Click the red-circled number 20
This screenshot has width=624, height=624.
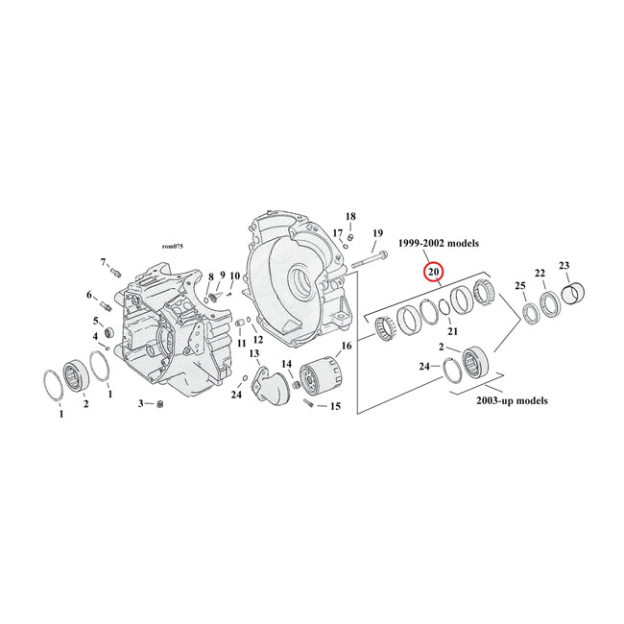point(433,273)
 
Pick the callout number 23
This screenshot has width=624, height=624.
point(564,266)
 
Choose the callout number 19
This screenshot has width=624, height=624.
point(377,233)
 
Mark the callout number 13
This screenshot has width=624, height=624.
point(254,354)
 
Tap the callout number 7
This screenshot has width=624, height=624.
point(103,262)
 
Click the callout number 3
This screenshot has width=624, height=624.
point(140,403)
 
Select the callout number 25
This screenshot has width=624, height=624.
point(519,286)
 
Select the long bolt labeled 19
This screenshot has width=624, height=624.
point(369,259)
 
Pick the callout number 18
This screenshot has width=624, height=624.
point(350,216)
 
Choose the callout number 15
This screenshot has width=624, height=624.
point(334,407)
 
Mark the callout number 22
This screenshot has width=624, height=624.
point(540,274)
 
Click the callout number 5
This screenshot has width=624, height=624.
point(96,320)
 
